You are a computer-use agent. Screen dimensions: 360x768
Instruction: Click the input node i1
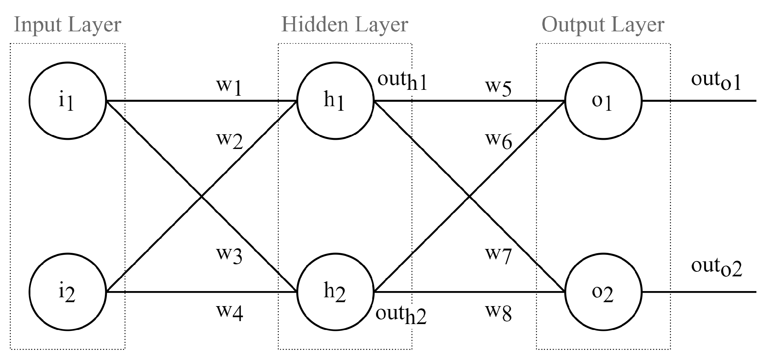pyautogui.click(x=68, y=101)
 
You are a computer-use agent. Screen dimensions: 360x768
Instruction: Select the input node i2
pyautogui.click(x=68, y=292)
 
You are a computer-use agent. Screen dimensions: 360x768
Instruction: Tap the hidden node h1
pyautogui.click(x=335, y=101)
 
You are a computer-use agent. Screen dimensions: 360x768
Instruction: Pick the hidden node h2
pyautogui.click(x=335, y=292)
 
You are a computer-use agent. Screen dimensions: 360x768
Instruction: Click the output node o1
pyautogui.click(x=603, y=101)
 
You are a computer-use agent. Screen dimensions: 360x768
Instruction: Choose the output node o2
pyautogui.click(x=603, y=292)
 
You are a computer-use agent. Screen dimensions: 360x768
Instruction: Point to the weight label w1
pyautogui.click(x=229, y=87)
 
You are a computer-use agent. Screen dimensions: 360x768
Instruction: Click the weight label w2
pyautogui.click(x=230, y=140)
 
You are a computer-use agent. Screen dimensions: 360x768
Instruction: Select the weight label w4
pyautogui.click(x=230, y=312)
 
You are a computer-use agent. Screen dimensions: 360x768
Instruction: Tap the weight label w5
pyautogui.click(x=498, y=87)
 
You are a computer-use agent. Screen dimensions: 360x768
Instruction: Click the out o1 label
pyautogui.click(x=716, y=81)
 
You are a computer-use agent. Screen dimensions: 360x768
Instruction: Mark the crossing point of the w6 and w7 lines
pyautogui.click(x=469, y=196)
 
